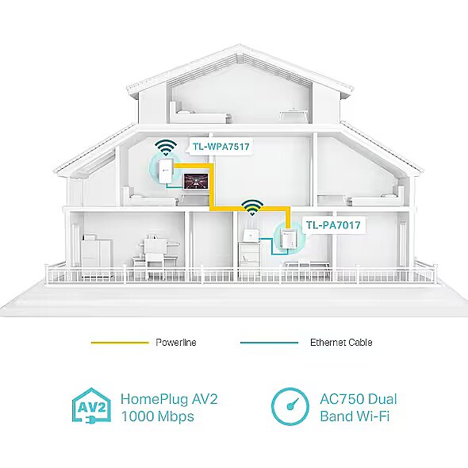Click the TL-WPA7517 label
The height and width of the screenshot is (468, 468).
click(x=221, y=147)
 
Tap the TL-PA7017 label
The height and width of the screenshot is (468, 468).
click(x=333, y=224)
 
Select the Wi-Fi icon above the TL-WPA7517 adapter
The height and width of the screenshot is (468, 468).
click(x=166, y=148)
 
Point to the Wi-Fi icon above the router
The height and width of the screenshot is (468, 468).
click(x=252, y=207)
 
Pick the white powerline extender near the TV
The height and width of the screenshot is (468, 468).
click(x=167, y=171)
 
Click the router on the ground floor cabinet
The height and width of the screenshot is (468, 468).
click(x=251, y=236)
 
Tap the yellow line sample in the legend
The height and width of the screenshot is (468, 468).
click(x=120, y=343)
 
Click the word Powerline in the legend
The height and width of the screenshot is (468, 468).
click(x=176, y=343)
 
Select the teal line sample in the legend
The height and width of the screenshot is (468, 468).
click(x=269, y=343)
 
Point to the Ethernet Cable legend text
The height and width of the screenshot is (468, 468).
click(x=341, y=343)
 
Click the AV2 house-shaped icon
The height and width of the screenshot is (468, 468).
click(x=92, y=405)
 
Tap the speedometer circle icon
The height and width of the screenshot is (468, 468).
click(x=290, y=406)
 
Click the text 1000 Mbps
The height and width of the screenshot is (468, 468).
click(x=157, y=416)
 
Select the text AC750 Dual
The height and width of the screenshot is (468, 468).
click(x=359, y=399)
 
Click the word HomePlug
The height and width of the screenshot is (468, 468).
click(x=155, y=400)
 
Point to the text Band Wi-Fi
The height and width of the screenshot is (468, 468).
click(x=355, y=416)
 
